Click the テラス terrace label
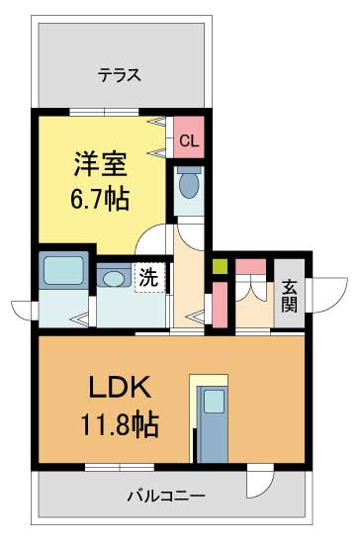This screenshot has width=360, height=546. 119,74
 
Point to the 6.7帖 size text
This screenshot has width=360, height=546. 99,197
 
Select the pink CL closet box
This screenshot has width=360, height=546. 188,139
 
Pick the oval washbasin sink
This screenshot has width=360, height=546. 115,278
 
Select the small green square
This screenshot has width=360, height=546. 220,265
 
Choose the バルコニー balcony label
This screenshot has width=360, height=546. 165,494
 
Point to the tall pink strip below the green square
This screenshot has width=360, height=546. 220,301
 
